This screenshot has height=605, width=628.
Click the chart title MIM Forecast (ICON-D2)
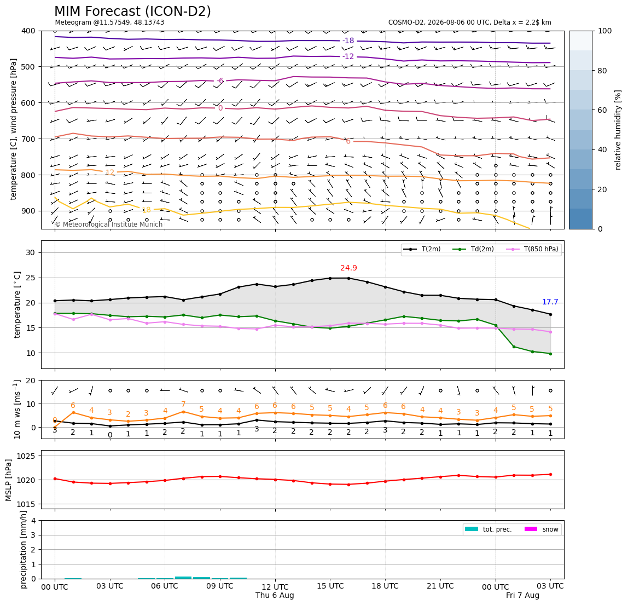[132, 11]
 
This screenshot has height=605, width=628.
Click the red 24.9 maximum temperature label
[348, 268]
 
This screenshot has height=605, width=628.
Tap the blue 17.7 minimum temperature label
[550, 302]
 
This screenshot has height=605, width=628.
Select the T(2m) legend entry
[422, 249]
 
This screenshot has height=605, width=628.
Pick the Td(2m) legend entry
[473, 249]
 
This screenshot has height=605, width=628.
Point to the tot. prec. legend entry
[488, 529]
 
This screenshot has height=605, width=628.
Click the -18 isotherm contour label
[348, 41]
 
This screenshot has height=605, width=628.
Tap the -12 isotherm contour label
[348, 56]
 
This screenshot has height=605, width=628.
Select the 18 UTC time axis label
[385, 586]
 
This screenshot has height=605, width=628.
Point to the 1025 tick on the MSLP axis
[27, 456]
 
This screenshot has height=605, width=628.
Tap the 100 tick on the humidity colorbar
[605, 31]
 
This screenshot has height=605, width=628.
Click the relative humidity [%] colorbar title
[618, 130]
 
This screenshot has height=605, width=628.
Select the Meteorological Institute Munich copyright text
[108, 224]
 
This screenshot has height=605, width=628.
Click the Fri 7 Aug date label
[522, 595]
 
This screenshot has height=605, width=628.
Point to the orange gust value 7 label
[183, 404]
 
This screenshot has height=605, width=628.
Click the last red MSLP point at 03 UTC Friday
[551, 474]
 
